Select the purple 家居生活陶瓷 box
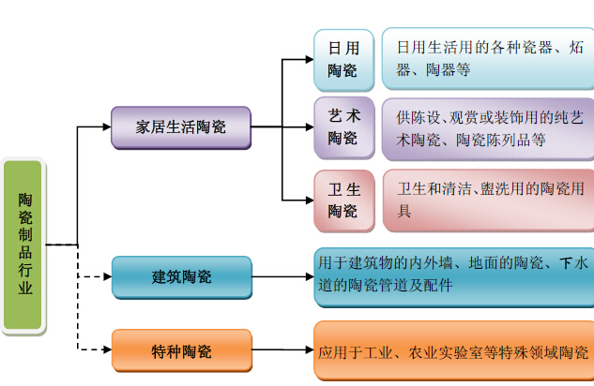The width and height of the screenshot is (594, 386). [181, 126]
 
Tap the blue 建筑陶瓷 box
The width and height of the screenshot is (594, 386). [181, 277]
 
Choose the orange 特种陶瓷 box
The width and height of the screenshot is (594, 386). [181, 351]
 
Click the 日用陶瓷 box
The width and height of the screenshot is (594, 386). [343, 57]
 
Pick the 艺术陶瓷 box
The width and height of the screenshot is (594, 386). [343, 126]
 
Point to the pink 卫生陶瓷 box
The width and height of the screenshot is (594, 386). [343, 200]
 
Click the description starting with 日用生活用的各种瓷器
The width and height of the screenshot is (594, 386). [487, 57]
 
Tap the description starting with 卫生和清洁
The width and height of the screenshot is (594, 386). [487, 200]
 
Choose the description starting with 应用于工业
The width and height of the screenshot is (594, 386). [453, 352]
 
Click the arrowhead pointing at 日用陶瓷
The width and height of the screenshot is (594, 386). [308, 58]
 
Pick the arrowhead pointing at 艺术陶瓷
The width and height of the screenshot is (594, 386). [308, 126]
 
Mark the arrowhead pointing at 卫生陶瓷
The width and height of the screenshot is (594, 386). [308, 200]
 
